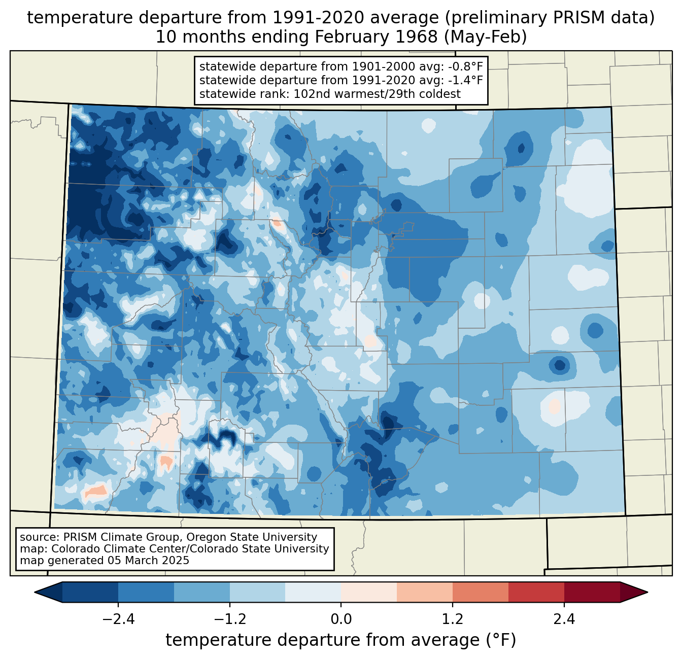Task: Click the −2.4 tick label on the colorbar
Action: click(x=118, y=619)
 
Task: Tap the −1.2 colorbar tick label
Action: click(x=229, y=619)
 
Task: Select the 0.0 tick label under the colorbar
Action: click(x=341, y=619)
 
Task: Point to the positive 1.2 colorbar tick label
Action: click(x=453, y=619)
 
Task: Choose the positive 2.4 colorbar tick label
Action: click(x=564, y=619)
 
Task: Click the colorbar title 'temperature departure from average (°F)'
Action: click(x=341, y=640)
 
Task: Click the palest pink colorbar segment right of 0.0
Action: click(x=369, y=592)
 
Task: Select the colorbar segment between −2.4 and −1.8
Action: click(x=146, y=592)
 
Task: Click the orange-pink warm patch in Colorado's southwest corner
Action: click(x=95, y=491)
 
